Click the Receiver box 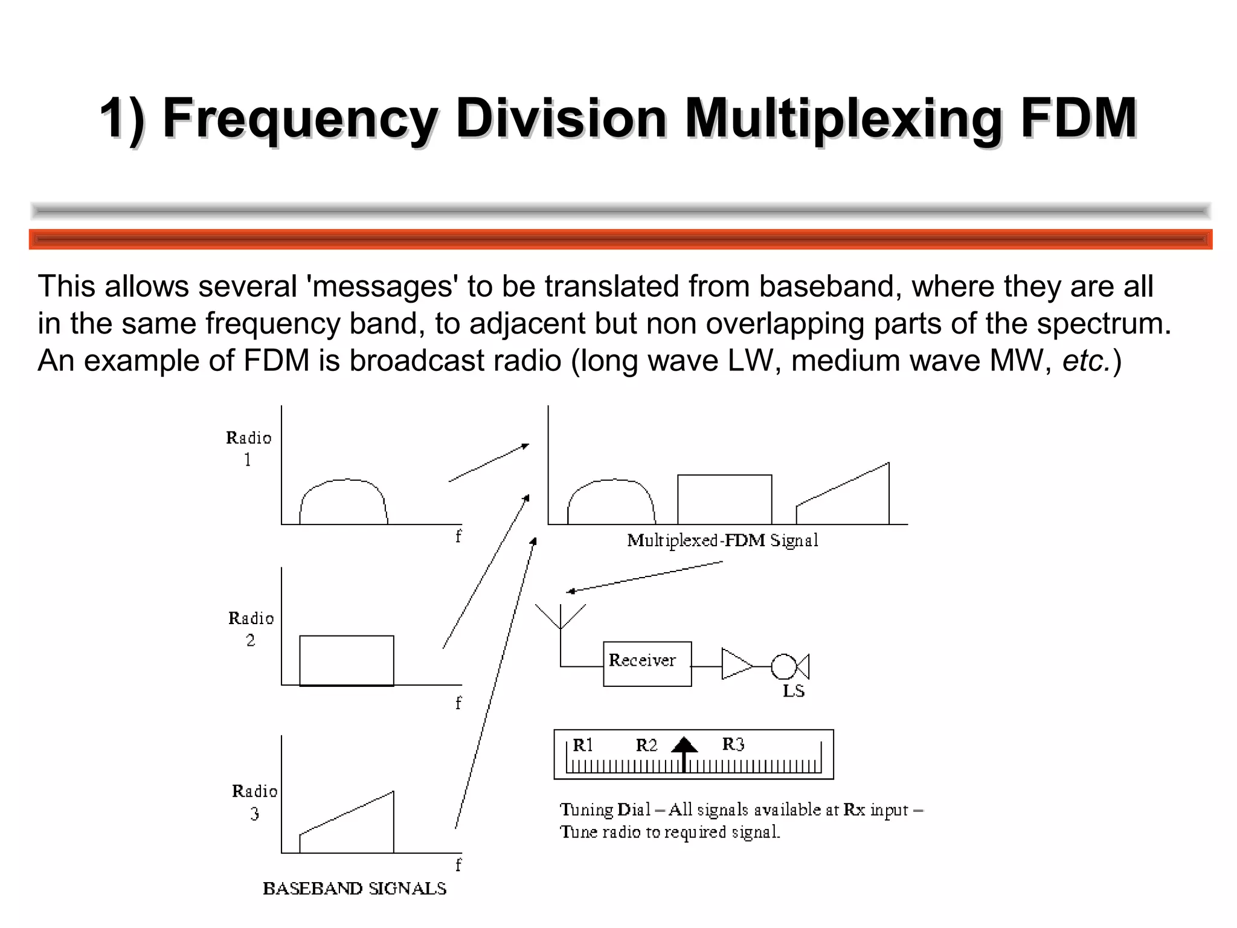coord(647,663)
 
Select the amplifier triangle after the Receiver coord(736,664)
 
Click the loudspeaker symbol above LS coord(789,666)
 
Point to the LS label coord(794,691)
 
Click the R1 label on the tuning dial coord(583,745)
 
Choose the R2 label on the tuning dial coord(646,745)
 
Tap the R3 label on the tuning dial coord(733,744)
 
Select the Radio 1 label coord(248,448)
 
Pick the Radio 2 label coord(251,628)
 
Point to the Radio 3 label coord(254,802)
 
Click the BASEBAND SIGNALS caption coord(355,888)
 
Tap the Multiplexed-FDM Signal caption coord(722,540)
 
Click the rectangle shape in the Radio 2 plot coord(347,660)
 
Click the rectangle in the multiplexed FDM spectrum coord(724,500)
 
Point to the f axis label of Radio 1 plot coord(458,536)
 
